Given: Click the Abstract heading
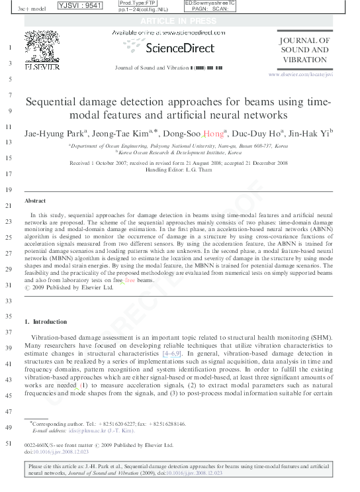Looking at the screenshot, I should pyautogui.click(x=34, y=200).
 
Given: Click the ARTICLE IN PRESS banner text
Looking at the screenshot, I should pyautogui.click(x=179, y=21).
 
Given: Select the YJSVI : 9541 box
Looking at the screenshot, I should pyautogui.click(x=80, y=6).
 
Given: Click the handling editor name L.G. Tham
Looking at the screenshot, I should pyautogui.click(x=202, y=170).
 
